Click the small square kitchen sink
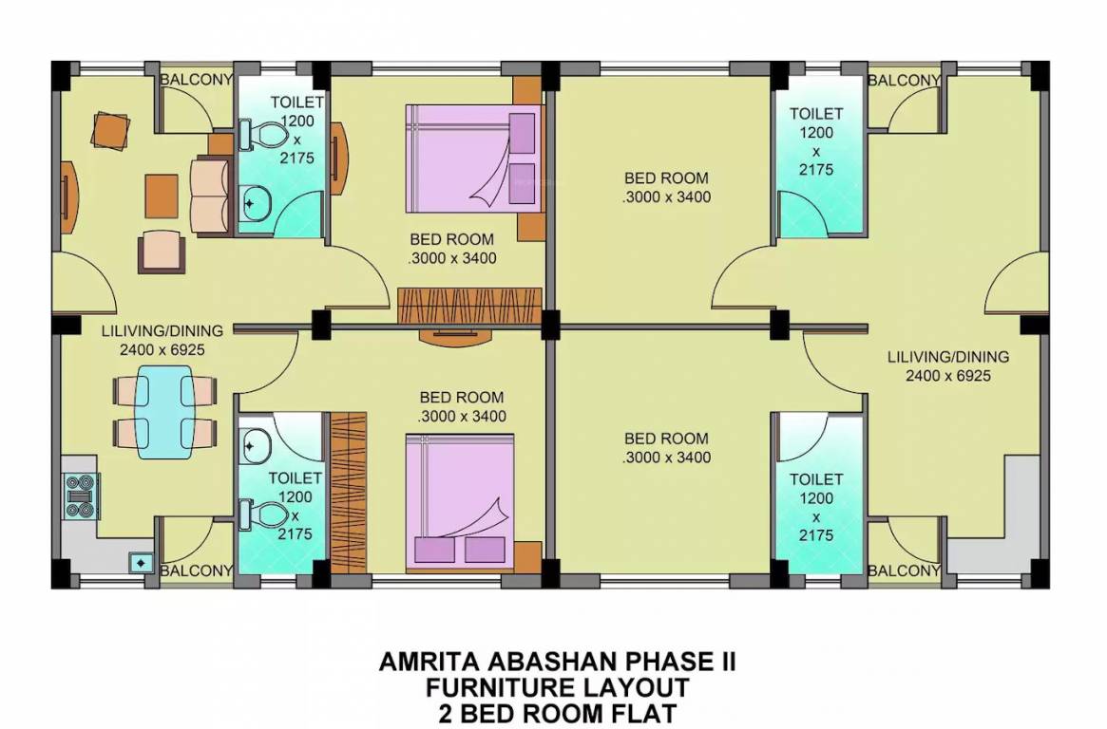(141, 562)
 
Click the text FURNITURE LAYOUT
(557, 686)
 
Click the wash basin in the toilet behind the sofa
(257, 201)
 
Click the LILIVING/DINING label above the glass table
(162, 331)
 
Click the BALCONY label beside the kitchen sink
(197, 570)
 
